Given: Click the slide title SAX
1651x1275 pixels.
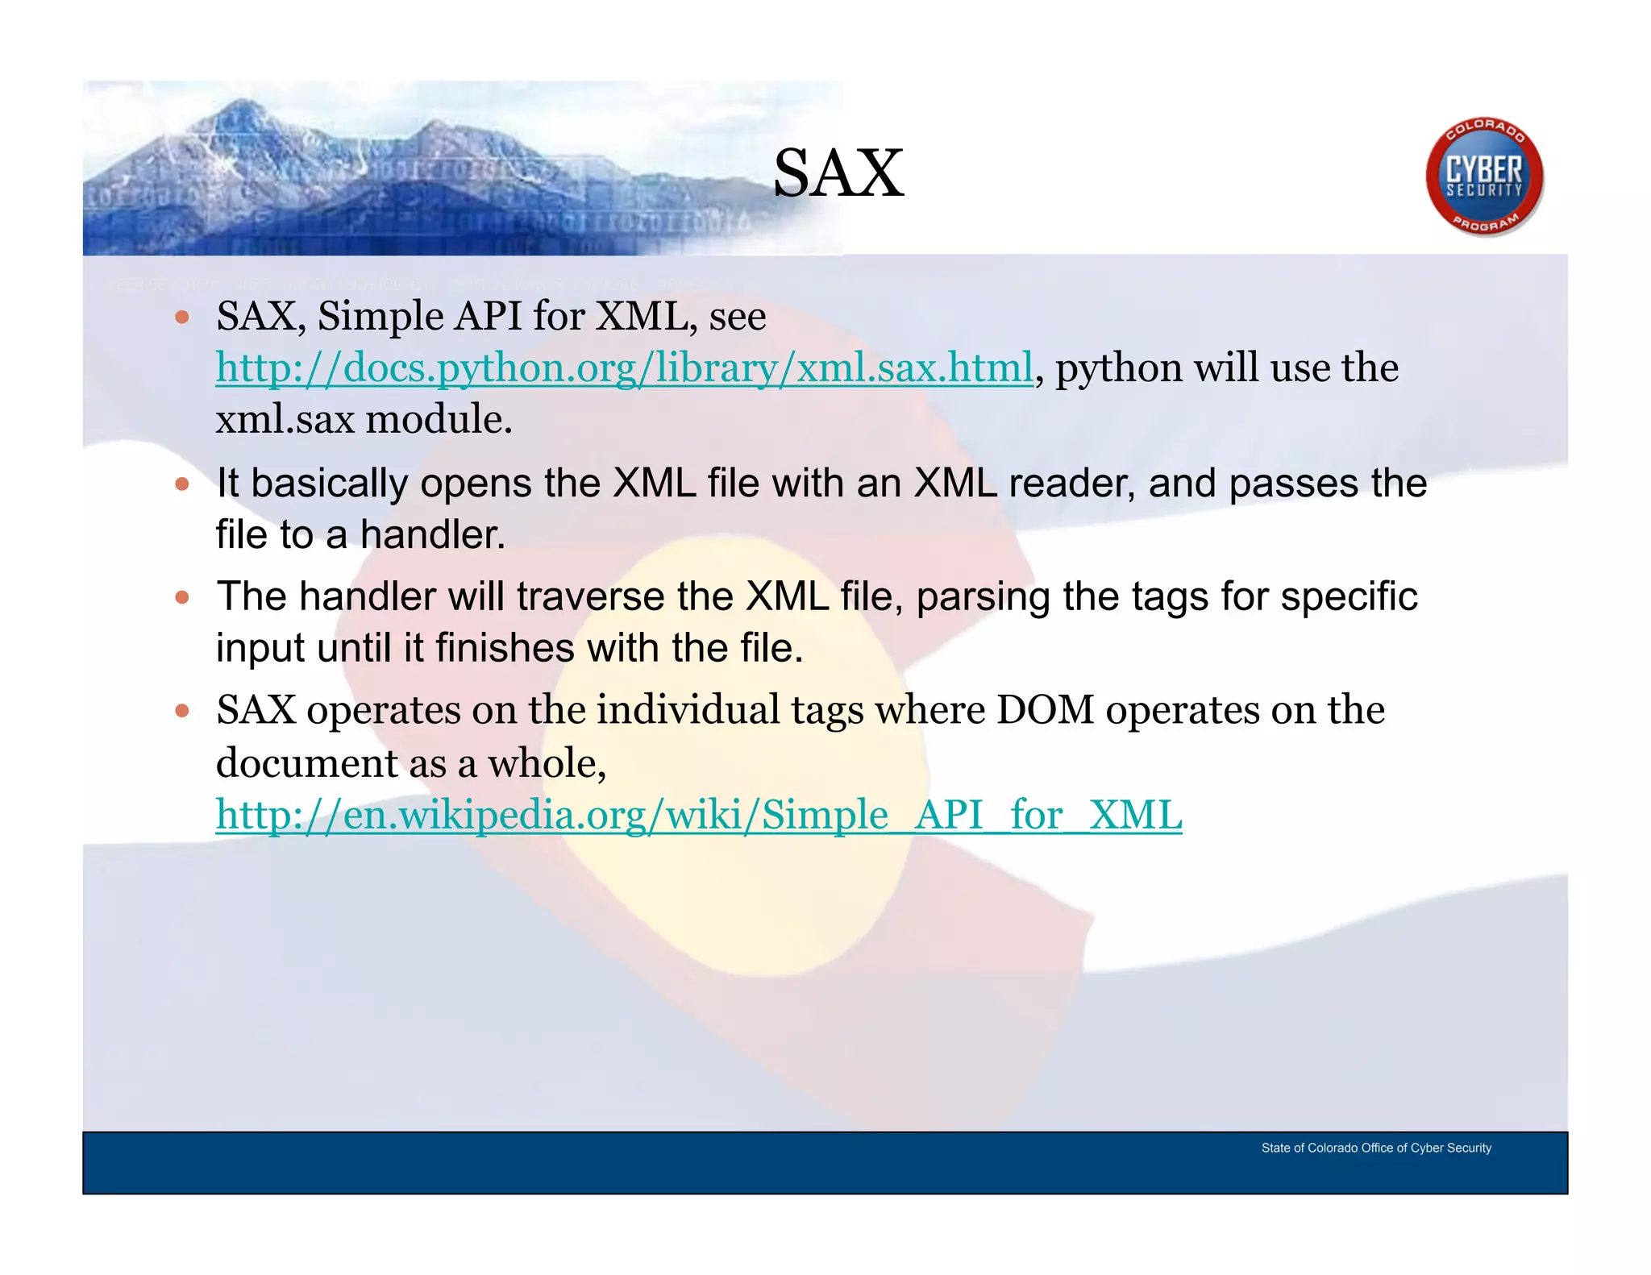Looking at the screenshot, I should pos(838,173).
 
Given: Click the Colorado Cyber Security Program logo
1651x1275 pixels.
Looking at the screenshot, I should pos(1484,177).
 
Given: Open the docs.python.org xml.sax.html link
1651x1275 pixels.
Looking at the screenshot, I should pos(624,368).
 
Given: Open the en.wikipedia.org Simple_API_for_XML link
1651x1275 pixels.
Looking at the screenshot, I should pos(698,815).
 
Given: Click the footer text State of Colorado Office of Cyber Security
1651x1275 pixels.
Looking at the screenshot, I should pos(1375,1148).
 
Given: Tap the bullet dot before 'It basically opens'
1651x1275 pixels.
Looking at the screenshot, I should pos(182,484).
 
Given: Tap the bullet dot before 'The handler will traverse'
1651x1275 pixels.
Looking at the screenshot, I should pos(182,597).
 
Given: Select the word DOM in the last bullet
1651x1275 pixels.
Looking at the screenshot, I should pos(1045,710).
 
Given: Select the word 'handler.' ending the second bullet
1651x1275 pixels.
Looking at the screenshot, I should pos(432,535).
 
